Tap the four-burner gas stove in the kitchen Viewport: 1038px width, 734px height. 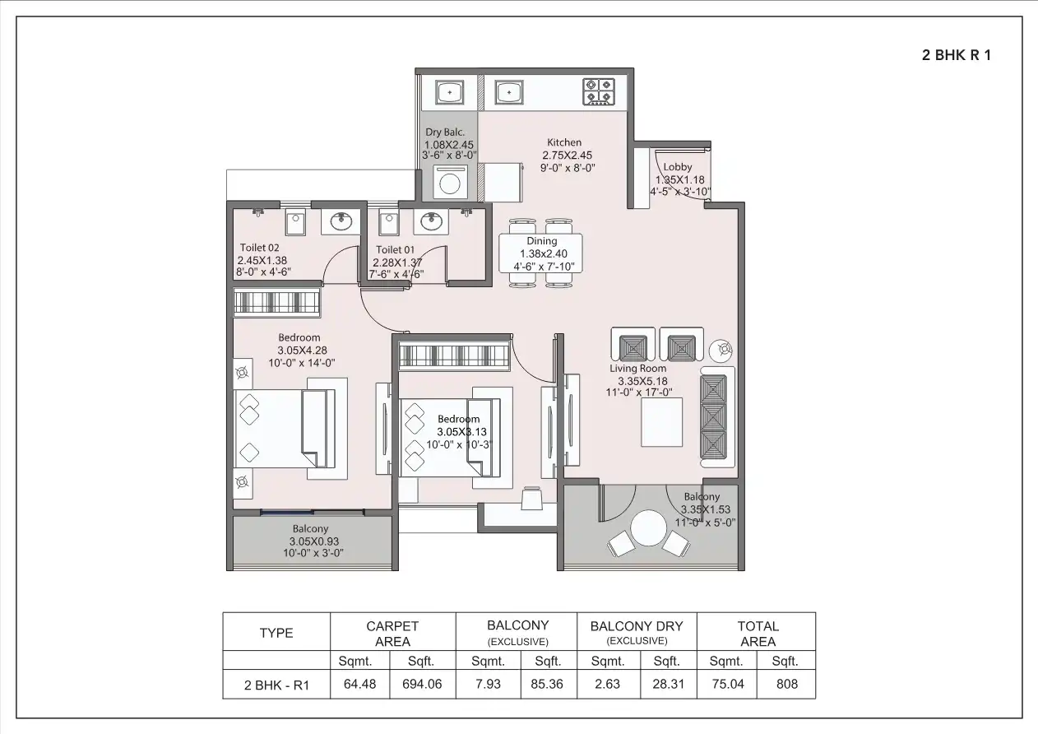click(600, 91)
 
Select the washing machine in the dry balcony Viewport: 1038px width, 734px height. click(449, 183)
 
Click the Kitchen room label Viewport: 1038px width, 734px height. click(564, 142)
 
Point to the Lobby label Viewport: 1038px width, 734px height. click(678, 167)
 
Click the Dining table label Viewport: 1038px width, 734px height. click(541, 241)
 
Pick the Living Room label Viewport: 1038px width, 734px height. click(637, 369)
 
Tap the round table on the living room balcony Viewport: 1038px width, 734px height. click(649, 529)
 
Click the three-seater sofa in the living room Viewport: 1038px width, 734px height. click(714, 417)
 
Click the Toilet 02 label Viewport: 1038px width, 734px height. click(259, 248)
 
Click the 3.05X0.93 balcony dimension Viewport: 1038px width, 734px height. click(313, 541)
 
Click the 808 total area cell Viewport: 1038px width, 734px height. click(786, 684)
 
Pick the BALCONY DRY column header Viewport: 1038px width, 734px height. click(637, 626)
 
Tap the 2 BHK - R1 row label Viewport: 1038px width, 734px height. click(276, 685)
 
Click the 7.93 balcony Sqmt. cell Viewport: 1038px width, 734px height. click(487, 684)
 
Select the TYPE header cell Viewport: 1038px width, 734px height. click(276, 633)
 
